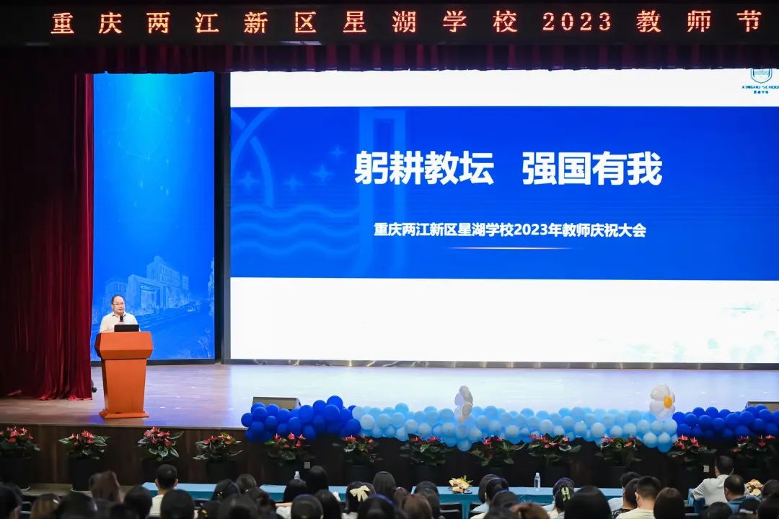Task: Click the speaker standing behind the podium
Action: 118,313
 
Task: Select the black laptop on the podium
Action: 126,328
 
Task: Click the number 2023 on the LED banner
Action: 576,22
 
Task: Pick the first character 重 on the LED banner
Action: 62,23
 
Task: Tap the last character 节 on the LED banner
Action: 749,22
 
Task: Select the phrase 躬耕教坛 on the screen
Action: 424,169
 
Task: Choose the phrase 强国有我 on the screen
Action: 591,169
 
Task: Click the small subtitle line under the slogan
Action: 509,230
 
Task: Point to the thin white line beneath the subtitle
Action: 509,248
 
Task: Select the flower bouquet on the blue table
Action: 459,484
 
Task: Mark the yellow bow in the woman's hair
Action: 358,493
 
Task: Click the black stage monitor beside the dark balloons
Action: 276,402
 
